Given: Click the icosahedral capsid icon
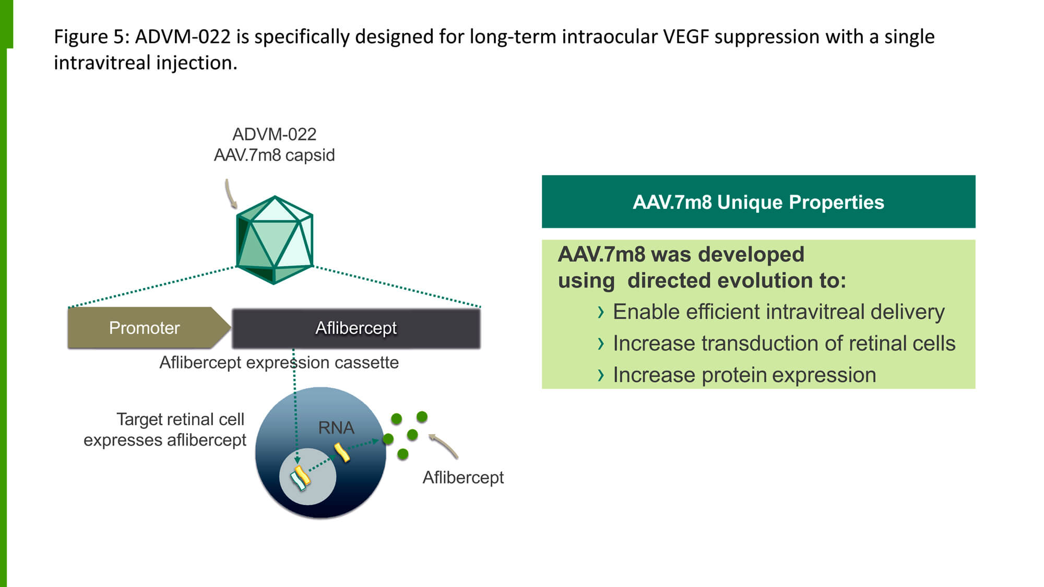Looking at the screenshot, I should click(275, 240).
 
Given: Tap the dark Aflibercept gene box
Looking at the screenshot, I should click(356, 328).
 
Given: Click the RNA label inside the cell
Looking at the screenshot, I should click(336, 428).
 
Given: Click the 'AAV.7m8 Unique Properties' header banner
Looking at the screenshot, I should click(758, 202).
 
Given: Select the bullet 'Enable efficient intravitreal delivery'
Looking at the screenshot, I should click(778, 312).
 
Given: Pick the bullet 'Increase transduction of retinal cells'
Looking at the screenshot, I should click(783, 343).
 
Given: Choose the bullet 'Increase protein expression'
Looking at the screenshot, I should click(744, 375).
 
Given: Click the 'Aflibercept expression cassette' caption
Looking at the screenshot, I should click(279, 362).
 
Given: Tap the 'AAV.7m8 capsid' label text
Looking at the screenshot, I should click(274, 155).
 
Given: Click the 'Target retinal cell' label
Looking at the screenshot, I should click(180, 419).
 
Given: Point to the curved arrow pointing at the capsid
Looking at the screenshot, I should click(230, 193).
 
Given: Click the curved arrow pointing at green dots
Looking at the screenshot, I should click(444, 446).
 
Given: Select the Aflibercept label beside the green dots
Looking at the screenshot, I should click(463, 477).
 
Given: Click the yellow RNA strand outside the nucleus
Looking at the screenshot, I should click(342, 452).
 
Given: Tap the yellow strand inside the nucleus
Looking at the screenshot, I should click(300, 477).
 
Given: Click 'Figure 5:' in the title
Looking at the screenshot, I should click(91, 37).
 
